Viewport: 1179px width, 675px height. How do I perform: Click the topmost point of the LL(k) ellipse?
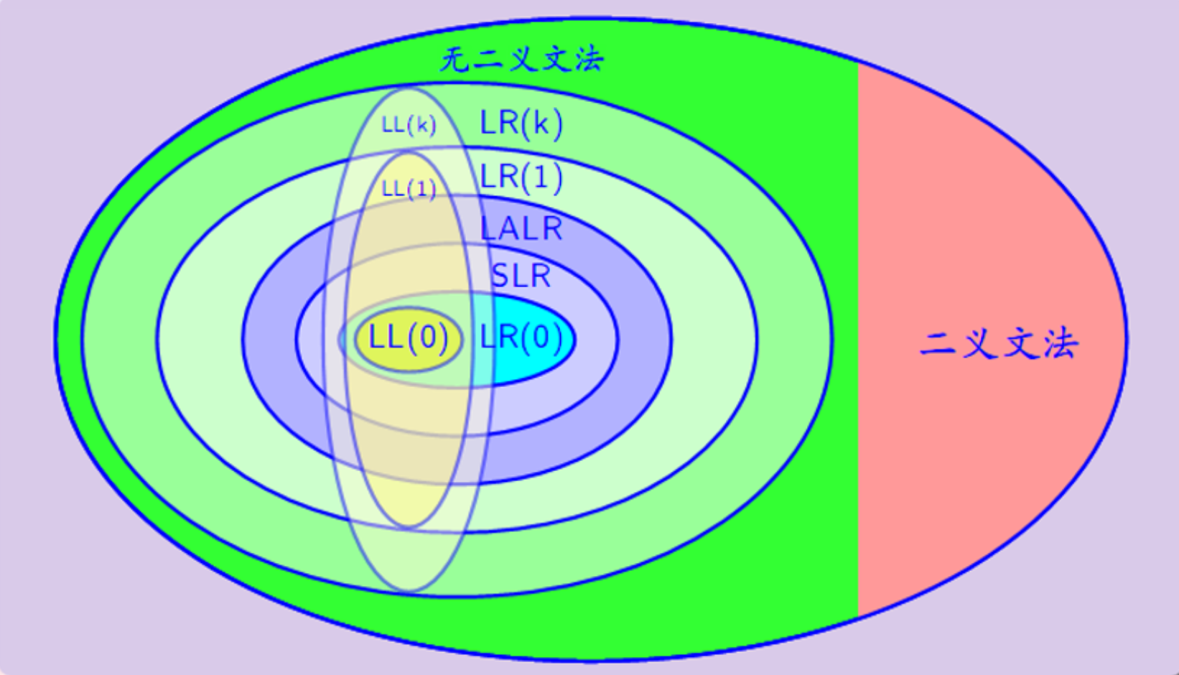pyautogui.click(x=409, y=88)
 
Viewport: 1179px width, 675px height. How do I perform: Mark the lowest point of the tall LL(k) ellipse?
pyautogui.click(x=409, y=591)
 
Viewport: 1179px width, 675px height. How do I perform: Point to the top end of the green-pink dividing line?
pyautogui.click(x=859, y=62)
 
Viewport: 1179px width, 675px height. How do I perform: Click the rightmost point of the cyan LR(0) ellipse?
pyautogui.click(x=576, y=340)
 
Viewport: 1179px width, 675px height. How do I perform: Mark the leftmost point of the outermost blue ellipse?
pyautogui.click(x=55, y=339)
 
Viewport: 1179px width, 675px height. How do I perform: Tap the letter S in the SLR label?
pyautogui.click(x=500, y=276)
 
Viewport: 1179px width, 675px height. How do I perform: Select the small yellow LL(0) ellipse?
pyautogui.click(x=409, y=339)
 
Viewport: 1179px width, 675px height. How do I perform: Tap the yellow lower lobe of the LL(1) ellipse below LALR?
pyautogui.click(x=409, y=501)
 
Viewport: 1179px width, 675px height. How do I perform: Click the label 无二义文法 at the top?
pyautogui.click(x=521, y=59)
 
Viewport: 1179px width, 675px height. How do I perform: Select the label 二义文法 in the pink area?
pyautogui.click(x=999, y=345)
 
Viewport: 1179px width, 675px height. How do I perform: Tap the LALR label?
pyautogui.click(x=521, y=228)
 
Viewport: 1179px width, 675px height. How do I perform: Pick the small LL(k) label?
pyautogui.click(x=409, y=126)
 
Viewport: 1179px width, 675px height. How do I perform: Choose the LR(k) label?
pyautogui.click(x=521, y=124)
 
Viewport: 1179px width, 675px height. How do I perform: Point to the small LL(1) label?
pyautogui.click(x=409, y=189)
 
